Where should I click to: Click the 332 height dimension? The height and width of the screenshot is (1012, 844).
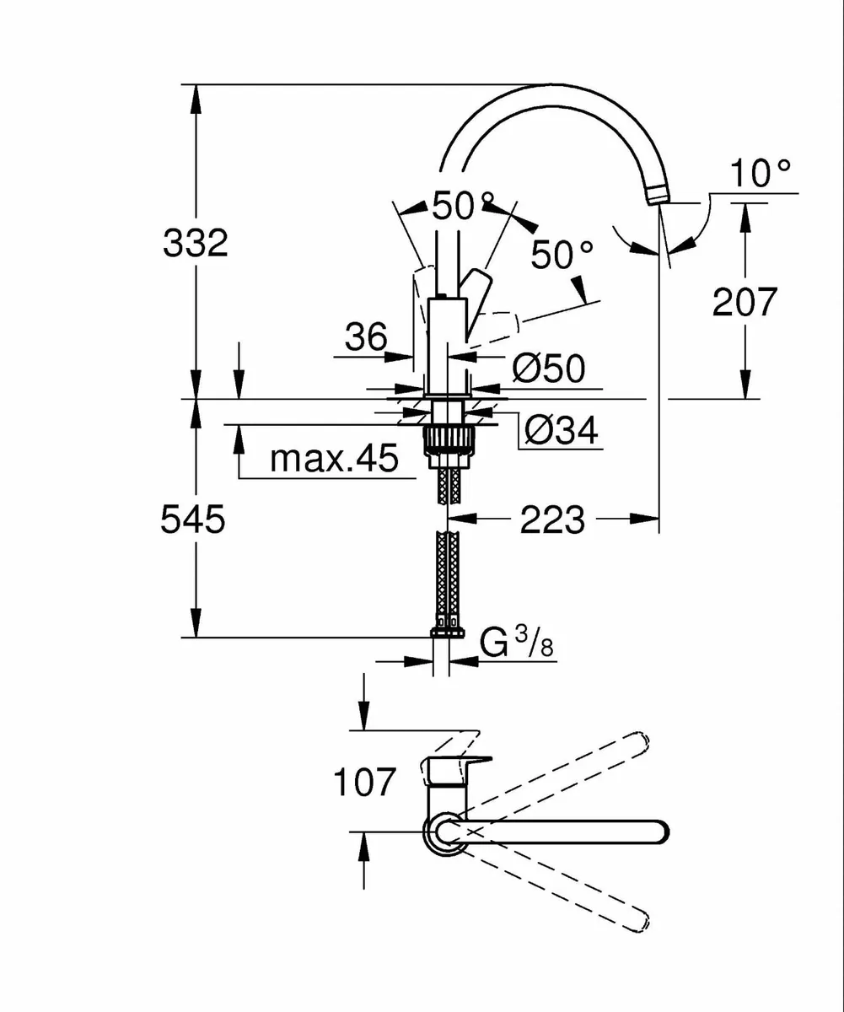point(195,244)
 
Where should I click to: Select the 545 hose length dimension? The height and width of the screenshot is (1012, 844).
point(193,519)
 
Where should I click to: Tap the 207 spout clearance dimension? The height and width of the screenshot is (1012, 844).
point(744,301)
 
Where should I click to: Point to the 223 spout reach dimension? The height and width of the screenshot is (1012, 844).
point(551,520)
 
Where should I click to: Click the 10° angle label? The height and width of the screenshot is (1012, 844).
point(761,175)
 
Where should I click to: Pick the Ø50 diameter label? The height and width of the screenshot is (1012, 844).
point(548,369)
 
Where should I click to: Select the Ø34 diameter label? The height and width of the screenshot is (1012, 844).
point(561,431)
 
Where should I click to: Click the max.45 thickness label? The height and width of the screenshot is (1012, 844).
point(333,460)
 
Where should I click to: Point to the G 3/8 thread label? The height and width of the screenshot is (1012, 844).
point(516,644)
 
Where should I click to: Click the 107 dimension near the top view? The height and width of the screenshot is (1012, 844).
point(364,783)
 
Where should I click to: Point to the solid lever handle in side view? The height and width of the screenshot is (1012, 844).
point(475,291)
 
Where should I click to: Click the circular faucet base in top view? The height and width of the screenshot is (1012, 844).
point(444,832)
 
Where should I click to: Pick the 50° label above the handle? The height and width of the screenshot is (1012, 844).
point(462,206)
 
